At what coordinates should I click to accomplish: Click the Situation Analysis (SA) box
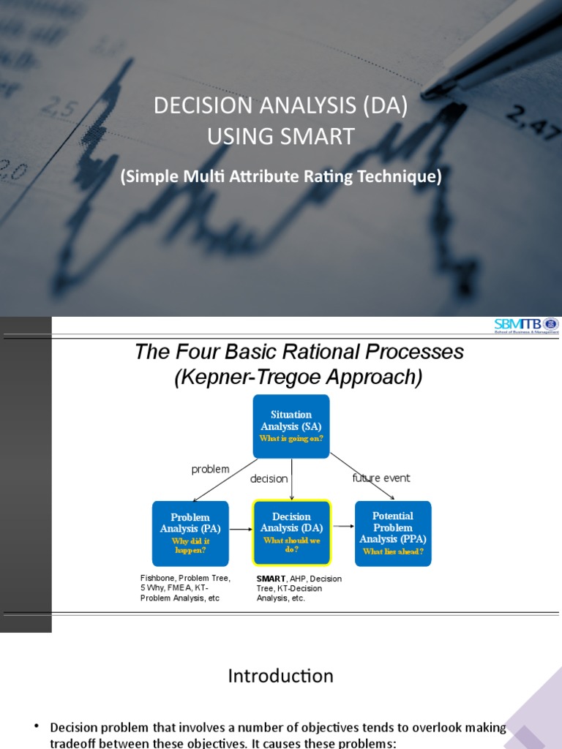291,426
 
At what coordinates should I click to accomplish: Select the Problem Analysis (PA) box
190,533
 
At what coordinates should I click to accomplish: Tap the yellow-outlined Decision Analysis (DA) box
292,533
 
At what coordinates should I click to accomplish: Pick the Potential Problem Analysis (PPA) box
393,533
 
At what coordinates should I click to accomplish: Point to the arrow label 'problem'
210,469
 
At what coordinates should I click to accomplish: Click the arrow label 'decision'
269,478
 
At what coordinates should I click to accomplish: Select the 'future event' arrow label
381,478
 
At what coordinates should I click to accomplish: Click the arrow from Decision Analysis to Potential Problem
342,526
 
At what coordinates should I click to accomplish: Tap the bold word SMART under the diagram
271,579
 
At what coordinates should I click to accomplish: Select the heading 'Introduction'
280,676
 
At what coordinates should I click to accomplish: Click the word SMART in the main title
319,136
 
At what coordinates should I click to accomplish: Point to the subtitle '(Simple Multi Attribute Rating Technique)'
281,177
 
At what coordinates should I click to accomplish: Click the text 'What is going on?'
291,439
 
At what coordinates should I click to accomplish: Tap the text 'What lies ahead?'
393,552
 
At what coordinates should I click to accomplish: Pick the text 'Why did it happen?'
190,546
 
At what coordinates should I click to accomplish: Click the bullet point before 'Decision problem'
37,726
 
